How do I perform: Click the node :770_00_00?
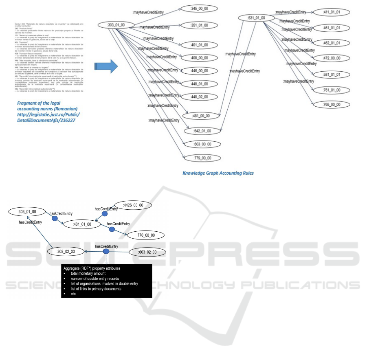point(145,235)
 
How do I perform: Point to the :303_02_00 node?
point(66,252)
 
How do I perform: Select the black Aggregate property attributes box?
point(106,281)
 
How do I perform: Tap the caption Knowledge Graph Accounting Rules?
point(218,173)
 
